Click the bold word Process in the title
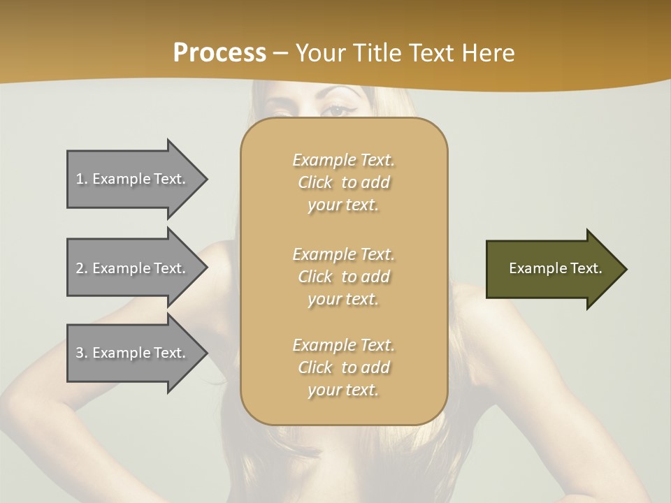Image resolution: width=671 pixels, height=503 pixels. [219, 52]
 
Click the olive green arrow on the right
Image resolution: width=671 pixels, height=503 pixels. [552, 268]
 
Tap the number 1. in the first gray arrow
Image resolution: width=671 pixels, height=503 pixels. [82, 179]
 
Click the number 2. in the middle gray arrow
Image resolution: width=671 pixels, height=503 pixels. [82, 268]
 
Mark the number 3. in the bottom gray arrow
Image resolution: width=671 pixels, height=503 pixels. [82, 353]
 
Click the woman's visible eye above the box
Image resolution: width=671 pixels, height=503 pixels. [338, 110]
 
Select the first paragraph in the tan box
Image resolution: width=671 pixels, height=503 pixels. [343, 182]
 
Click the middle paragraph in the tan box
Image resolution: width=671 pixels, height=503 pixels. [343, 277]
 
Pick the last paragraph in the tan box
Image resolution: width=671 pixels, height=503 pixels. [343, 367]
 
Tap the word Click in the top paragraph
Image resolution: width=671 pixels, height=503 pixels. [315, 182]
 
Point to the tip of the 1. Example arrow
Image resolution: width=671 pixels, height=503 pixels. [206, 179]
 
